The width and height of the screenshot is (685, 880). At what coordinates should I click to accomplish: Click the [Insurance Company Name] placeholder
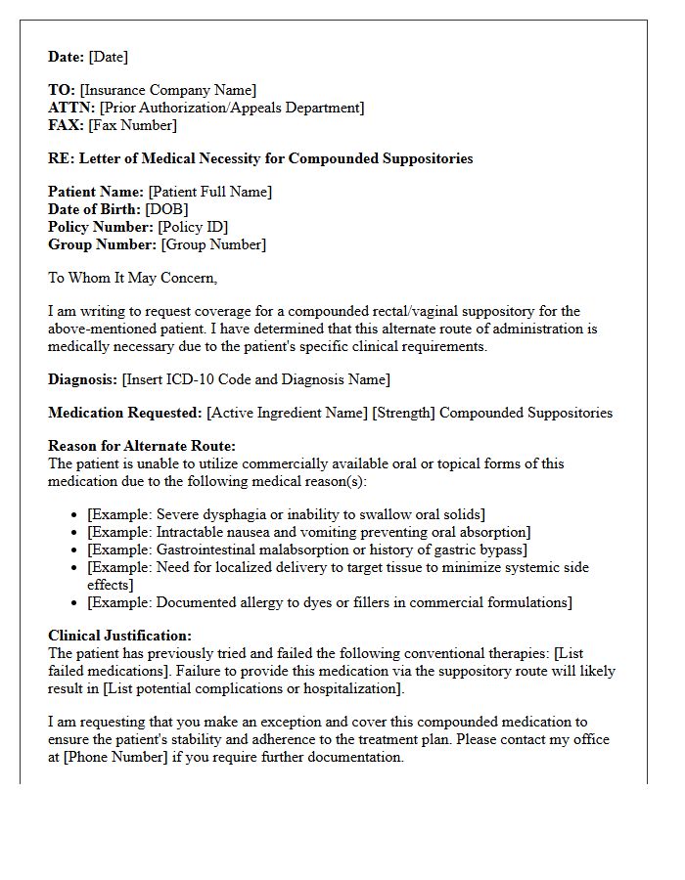click(168, 91)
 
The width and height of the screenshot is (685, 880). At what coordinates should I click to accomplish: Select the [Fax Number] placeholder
click(132, 124)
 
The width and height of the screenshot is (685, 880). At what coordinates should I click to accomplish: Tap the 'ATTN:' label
click(71, 108)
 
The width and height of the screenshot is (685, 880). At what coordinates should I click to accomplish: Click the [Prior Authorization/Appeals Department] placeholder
click(232, 108)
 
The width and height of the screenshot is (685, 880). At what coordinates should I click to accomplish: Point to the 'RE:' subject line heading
click(260, 157)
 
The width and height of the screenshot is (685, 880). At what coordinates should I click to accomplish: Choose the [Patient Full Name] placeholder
click(210, 192)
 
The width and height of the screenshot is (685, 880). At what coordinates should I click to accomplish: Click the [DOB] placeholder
click(166, 209)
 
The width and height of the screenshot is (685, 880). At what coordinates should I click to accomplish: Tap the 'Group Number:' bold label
click(102, 244)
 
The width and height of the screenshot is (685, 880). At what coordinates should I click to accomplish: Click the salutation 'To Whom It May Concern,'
click(132, 278)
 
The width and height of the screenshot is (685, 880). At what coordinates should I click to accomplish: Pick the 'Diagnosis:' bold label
click(82, 378)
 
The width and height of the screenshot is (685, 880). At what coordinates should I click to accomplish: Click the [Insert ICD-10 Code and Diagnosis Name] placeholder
click(255, 378)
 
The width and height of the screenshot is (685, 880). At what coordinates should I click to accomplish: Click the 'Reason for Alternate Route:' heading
click(142, 446)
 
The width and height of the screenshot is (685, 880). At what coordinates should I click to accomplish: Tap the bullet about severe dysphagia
click(286, 513)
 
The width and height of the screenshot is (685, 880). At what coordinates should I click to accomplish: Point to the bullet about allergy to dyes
click(330, 601)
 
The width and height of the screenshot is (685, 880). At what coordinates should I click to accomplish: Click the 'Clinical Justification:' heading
click(119, 636)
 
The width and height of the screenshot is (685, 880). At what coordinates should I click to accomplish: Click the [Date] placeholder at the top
click(108, 57)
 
